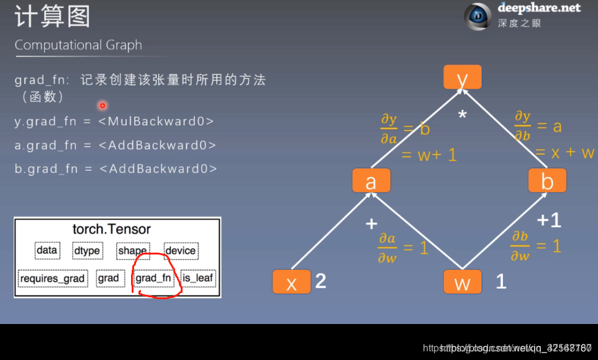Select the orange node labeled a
click(x=371, y=181)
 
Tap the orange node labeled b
click(x=547, y=181)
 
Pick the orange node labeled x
click(x=291, y=282)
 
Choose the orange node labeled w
click(x=462, y=282)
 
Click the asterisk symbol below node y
click(x=462, y=115)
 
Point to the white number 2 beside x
click(x=320, y=281)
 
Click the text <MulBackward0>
click(x=156, y=121)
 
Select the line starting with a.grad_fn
click(x=116, y=145)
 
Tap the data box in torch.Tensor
click(x=47, y=251)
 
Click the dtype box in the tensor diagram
click(x=86, y=251)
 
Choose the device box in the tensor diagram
click(x=180, y=251)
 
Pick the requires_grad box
click(x=52, y=278)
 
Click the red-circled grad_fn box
click(x=153, y=278)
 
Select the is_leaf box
click(x=198, y=278)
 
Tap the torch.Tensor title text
click(x=112, y=229)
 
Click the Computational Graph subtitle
click(x=78, y=45)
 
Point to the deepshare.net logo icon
click(x=478, y=17)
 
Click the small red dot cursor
click(x=102, y=106)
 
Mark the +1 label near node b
click(x=549, y=220)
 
